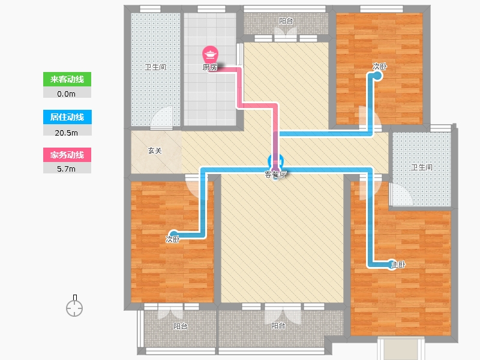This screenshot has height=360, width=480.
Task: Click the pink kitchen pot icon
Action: click(x=210, y=55)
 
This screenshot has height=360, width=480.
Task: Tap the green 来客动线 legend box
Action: click(x=67, y=79)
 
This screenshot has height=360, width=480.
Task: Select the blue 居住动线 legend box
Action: click(x=67, y=117)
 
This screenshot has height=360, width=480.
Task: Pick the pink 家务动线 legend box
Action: click(x=67, y=155)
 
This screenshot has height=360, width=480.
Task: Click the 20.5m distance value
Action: click(x=66, y=133)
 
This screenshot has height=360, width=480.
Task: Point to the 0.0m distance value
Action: click(x=66, y=94)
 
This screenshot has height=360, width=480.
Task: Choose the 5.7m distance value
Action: click(x=66, y=169)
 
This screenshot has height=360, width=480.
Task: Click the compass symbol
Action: click(x=74, y=306)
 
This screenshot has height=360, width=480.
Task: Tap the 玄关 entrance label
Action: click(x=155, y=151)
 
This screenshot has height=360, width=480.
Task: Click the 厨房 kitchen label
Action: click(x=210, y=67)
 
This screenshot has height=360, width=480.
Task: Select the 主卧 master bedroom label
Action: click(x=398, y=265)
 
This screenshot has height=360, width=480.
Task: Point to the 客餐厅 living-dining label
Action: click(x=275, y=175)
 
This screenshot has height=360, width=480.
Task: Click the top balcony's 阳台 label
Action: click(x=286, y=21)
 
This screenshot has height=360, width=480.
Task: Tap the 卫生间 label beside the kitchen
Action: click(x=155, y=67)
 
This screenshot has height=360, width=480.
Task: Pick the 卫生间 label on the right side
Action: click(x=422, y=167)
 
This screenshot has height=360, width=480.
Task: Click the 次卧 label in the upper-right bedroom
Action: click(x=380, y=67)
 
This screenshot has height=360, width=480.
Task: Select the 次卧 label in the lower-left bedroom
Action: click(x=173, y=239)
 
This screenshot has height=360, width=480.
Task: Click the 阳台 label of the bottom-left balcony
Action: click(x=181, y=326)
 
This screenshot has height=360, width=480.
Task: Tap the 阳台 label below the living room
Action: click(x=278, y=326)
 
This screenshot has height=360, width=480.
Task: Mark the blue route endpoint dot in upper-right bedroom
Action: click(x=378, y=76)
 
